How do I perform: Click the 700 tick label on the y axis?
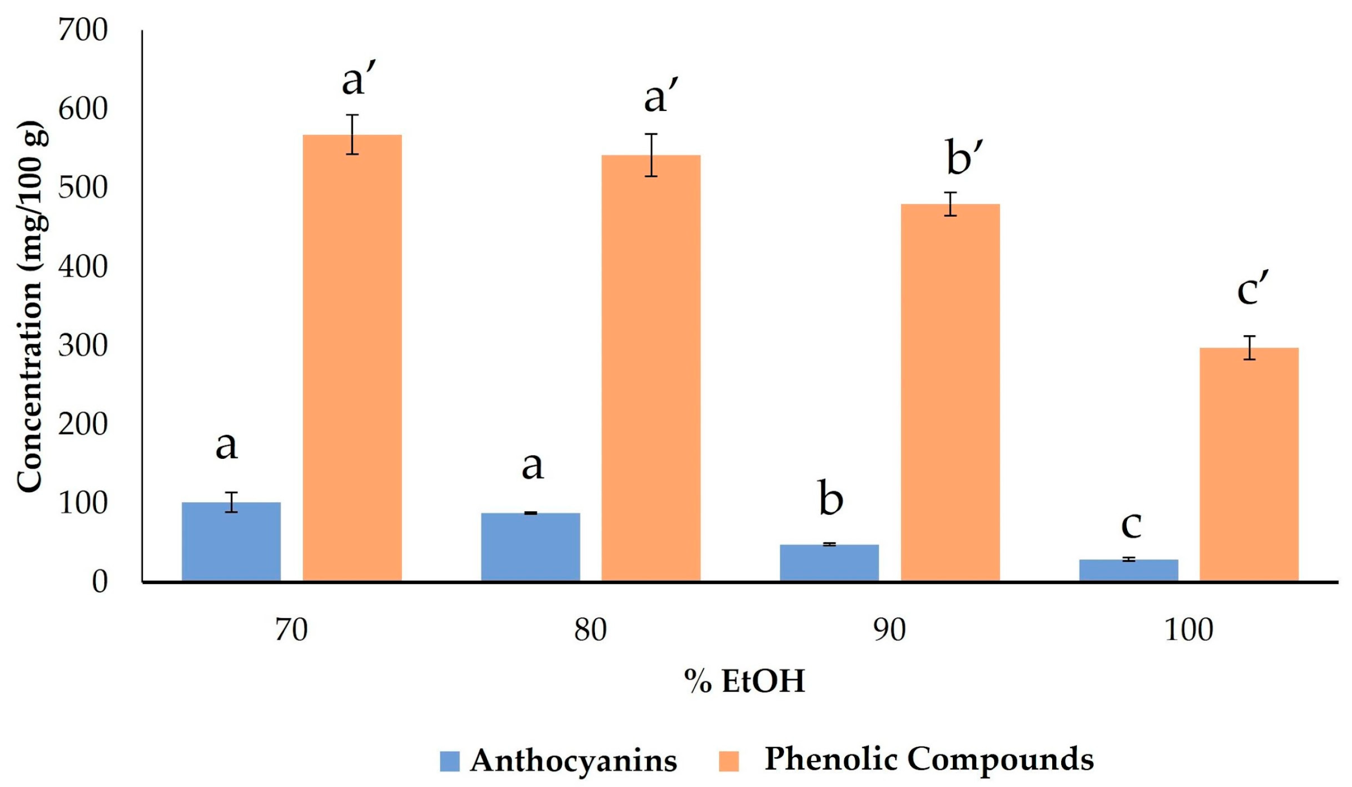tap(82, 30)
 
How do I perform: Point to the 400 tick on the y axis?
tap(82, 267)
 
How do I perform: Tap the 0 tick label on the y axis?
tap(99, 582)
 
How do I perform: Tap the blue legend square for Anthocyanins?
tap(450, 761)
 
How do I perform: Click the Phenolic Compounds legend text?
tap(929, 759)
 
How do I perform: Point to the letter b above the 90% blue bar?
tap(830, 498)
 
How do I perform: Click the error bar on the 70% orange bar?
tap(352, 134)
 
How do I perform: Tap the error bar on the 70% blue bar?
tap(231, 502)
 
